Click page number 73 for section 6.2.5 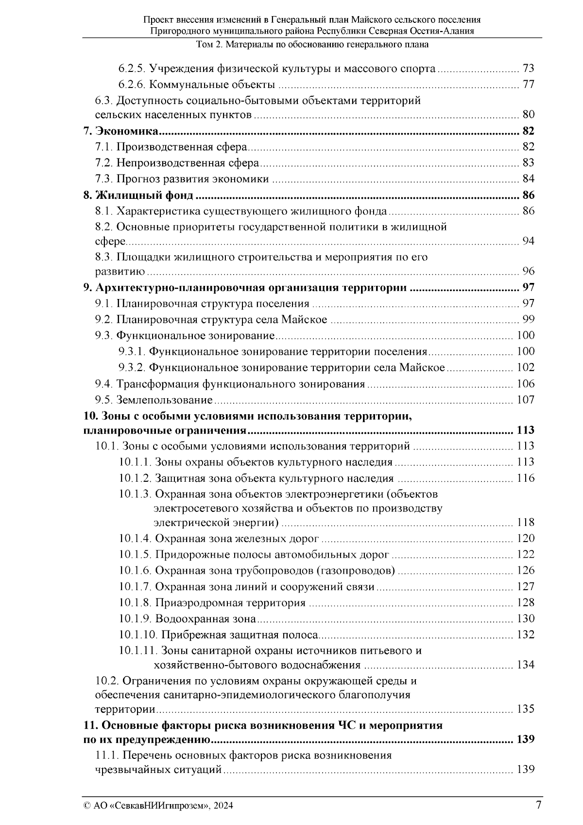click(528, 69)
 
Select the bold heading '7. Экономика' click(121, 131)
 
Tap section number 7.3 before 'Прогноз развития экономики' click(104, 179)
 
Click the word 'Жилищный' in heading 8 click(123, 195)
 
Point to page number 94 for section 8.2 click(528, 241)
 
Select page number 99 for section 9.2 click(528, 319)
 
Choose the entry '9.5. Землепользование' click(154, 400)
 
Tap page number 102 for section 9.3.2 click(525, 368)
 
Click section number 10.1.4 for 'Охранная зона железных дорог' click(136, 539)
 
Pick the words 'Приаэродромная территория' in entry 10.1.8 click(230, 603)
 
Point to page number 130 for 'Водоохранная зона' click(525, 619)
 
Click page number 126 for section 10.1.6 click(525, 570)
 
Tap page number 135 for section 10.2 click(525, 709)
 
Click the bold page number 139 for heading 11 click(525, 739)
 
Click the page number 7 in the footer click(538, 805)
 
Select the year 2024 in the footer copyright click(223, 806)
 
